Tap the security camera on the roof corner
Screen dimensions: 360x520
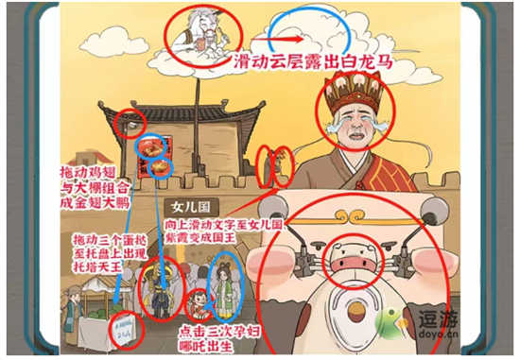pyautogui.click(x=130, y=124)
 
